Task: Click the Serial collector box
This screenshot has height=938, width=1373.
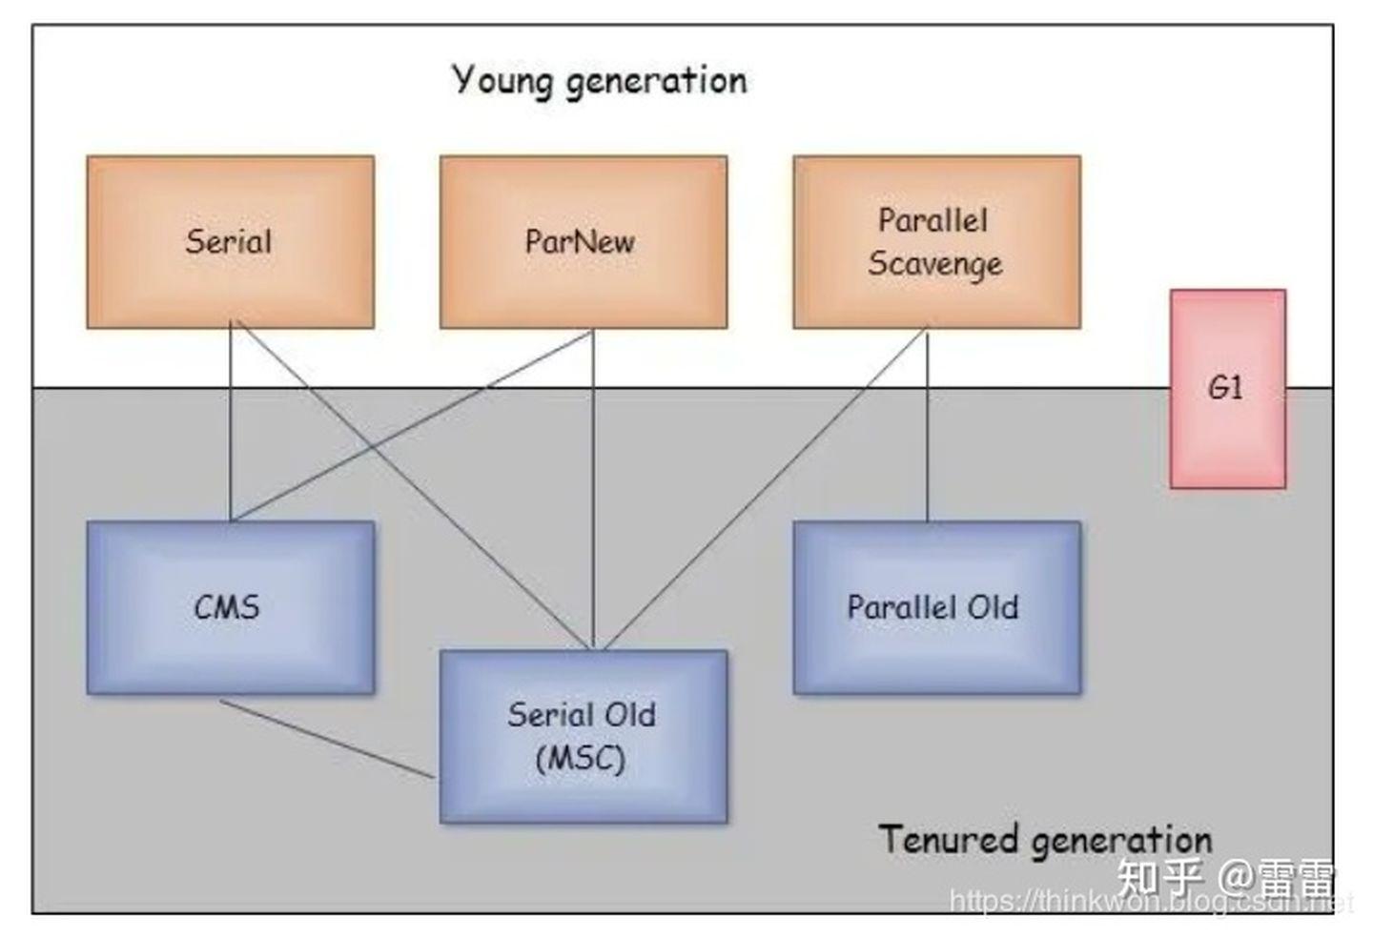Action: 230,242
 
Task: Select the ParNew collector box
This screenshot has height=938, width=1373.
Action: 583,242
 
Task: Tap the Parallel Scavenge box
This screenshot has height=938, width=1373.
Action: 936,242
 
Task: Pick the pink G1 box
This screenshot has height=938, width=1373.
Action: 1227,389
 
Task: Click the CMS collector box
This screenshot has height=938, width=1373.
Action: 230,607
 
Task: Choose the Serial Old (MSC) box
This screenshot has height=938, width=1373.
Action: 583,736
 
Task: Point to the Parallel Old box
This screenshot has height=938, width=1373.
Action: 936,607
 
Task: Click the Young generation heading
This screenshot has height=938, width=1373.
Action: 599,80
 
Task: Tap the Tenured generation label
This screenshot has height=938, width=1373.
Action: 1044,840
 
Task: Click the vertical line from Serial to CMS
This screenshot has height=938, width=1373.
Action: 230,424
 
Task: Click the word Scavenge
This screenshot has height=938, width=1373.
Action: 935,264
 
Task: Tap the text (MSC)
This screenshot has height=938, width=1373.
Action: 581,760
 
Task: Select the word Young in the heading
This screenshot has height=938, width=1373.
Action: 502,80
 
